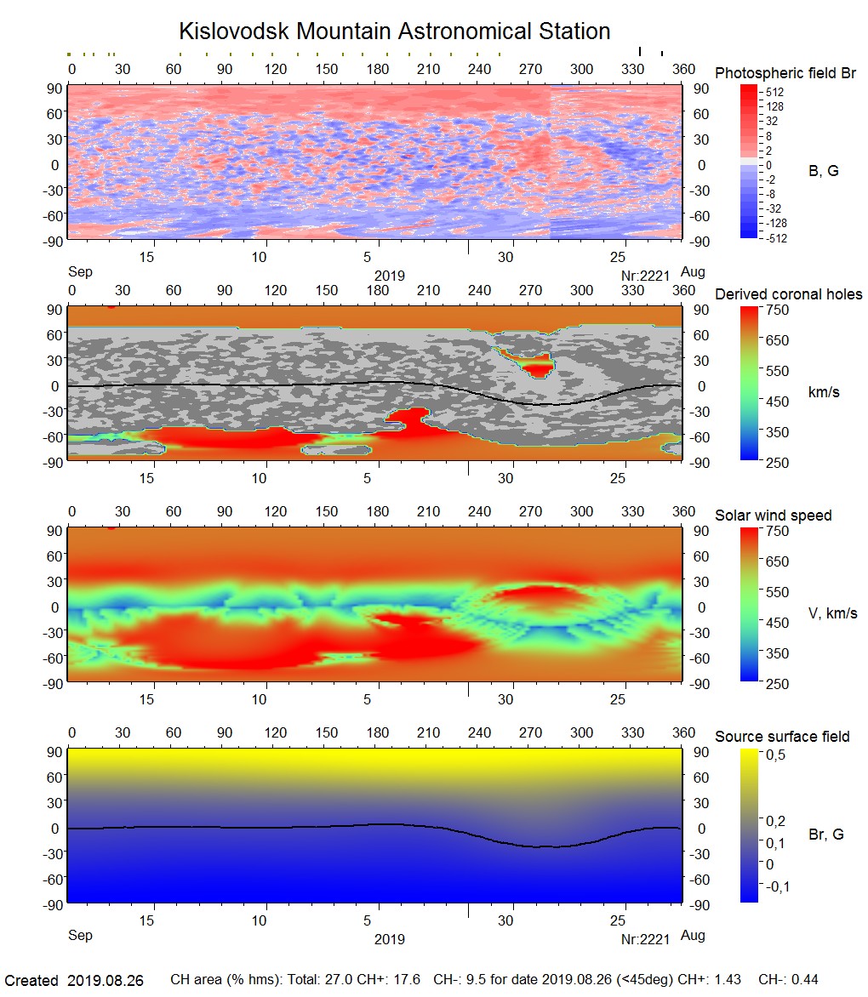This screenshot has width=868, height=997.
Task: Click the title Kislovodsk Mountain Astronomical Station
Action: click(x=394, y=32)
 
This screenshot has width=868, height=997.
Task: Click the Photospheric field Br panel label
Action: click(x=785, y=73)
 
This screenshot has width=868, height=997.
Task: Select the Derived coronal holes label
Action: click(x=788, y=294)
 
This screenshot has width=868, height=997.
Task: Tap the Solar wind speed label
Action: click(x=773, y=516)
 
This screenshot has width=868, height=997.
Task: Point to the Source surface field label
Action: click(x=782, y=736)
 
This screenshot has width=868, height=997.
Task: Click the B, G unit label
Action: click(x=823, y=171)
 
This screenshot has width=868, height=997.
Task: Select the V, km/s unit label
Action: click(x=832, y=613)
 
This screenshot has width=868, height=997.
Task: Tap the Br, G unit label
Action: click(x=825, y=835)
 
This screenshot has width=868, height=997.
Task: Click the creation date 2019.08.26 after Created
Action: click(x=105, y=981)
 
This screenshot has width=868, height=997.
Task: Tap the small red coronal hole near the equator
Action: click(x=536, y=368)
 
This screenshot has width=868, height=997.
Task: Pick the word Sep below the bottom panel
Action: click(x=80, y=936)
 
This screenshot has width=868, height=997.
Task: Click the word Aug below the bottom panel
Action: click(x=693, y=936)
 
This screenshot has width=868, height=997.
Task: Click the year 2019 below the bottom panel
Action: click(x=389, y=940)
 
